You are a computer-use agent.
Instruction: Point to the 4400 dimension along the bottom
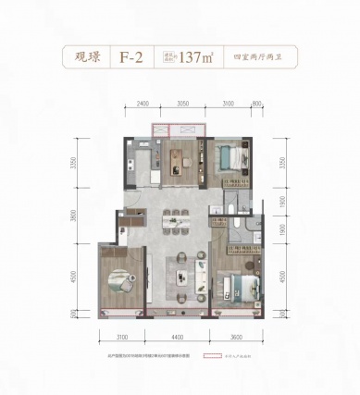point(176,338)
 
